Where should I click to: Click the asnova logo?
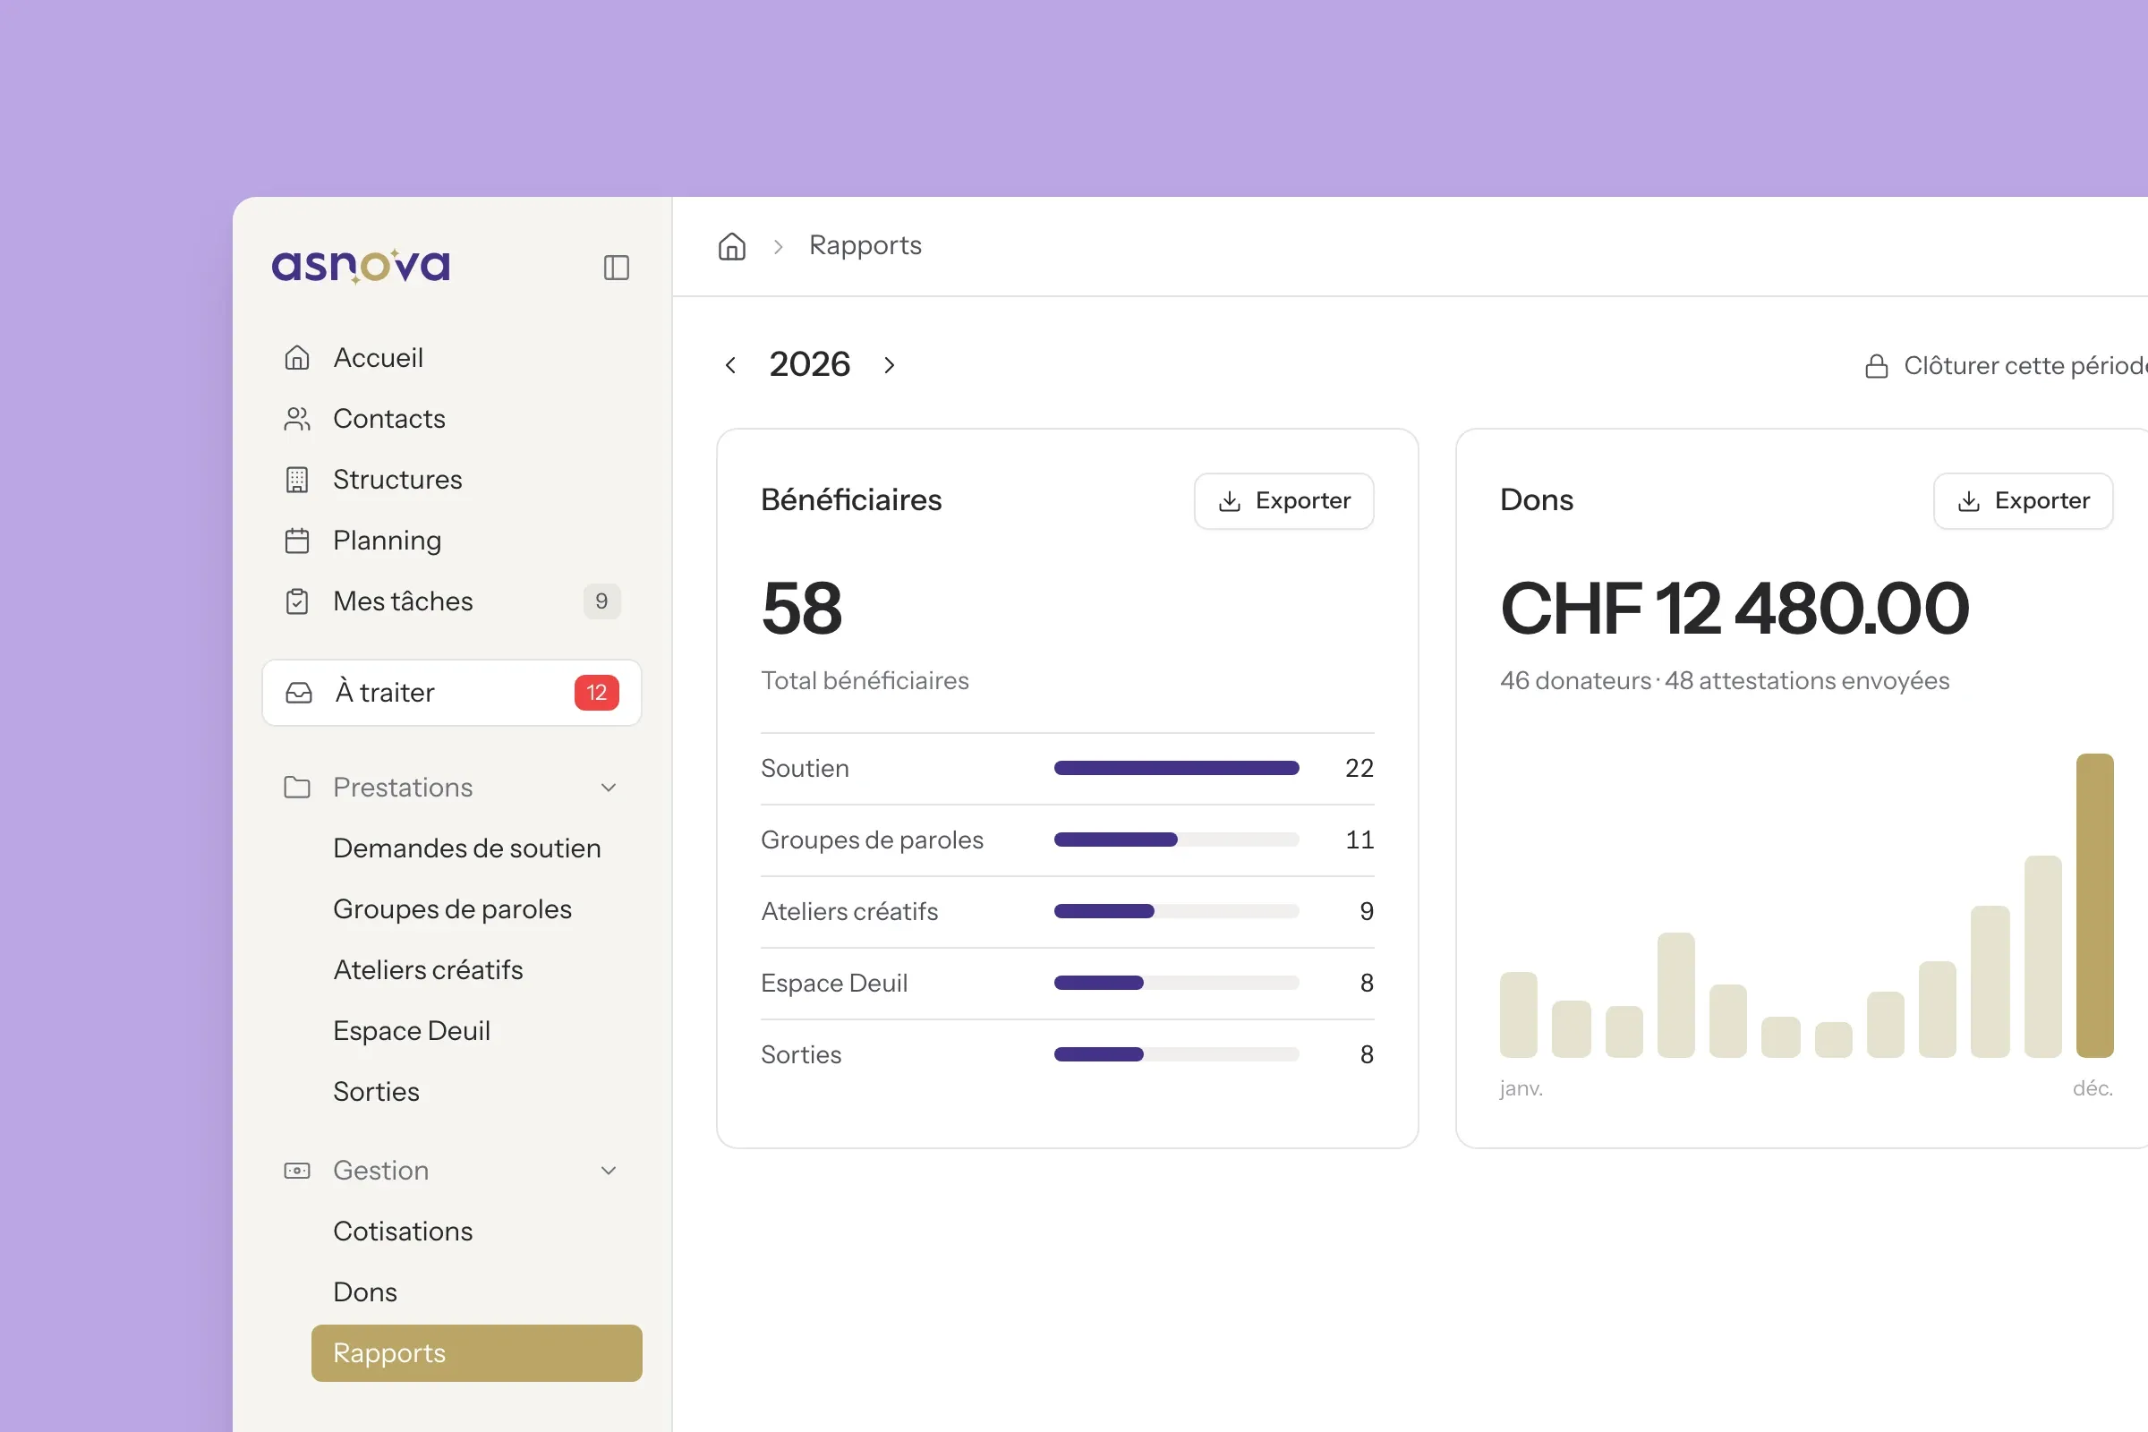click(x=361, y=266)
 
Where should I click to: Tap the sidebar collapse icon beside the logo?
click(x=617, y=268)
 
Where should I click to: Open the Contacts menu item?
click(x=389, y=418)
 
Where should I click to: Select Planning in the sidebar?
click(x=388, y=541)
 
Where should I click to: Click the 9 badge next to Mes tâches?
click(x=601, y=601)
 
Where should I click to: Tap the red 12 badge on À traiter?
click(x=596, y=692)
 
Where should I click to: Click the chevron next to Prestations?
click(x=609, y=788)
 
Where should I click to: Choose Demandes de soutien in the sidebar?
click(x=466, y=848)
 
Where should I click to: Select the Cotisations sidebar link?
click(x=403, y=1232)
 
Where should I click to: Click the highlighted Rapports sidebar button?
click(x=477, y=1352)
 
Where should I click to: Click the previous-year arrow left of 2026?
click(x=730, y=365)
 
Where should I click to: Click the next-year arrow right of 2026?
click(x=890, y=365)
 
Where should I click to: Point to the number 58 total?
click(x=802, y=609)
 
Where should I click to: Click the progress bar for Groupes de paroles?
click(x=1176, y=840)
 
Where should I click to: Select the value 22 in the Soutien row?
click(x=1359, y=768)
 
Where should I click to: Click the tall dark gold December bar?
click(x=2094, y=905)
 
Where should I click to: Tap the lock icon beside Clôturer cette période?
click(x=1876, y=366)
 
